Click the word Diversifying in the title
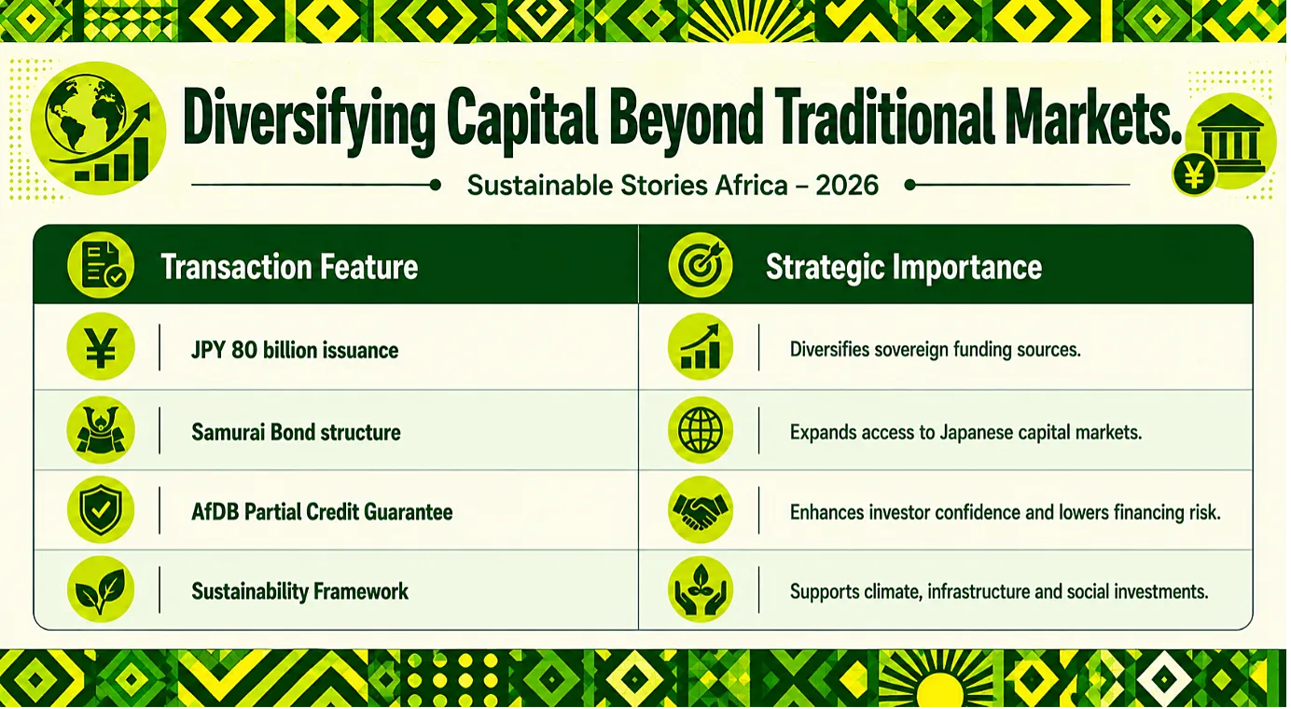pyautogui.click(x=309, y=120)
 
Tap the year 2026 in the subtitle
pyautogui.click(x=847, y=186)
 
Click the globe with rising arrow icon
pyautogui.click(x=98, y=129)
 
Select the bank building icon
pyautogui.click(x=1230, y=140)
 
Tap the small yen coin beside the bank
pyautogui.click(x=1194, y=174)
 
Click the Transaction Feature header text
pyautogui.click(x=289, y=267)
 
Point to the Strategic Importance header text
pyautogui.click(x=903, y=267)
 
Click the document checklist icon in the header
pyautogui.click(x=101, y=265)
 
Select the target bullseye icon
pyautogui.click(x=701, y=265)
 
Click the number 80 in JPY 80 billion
pyautogui.click(x=243, y=350)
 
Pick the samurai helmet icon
pyautogui.click(x=101, y=430)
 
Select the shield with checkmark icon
pyautogui.click(x=101, y=509)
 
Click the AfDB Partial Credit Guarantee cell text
pyautogui.click(x=322, y=512)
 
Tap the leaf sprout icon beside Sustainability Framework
pyautogui.click(x=101, y=589)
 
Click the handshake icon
pyautogui.click(x=701, y=509)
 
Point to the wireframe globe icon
pyautogui.click(x=701, y=430)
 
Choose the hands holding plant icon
pyautogui.click(x=701, y=589)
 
